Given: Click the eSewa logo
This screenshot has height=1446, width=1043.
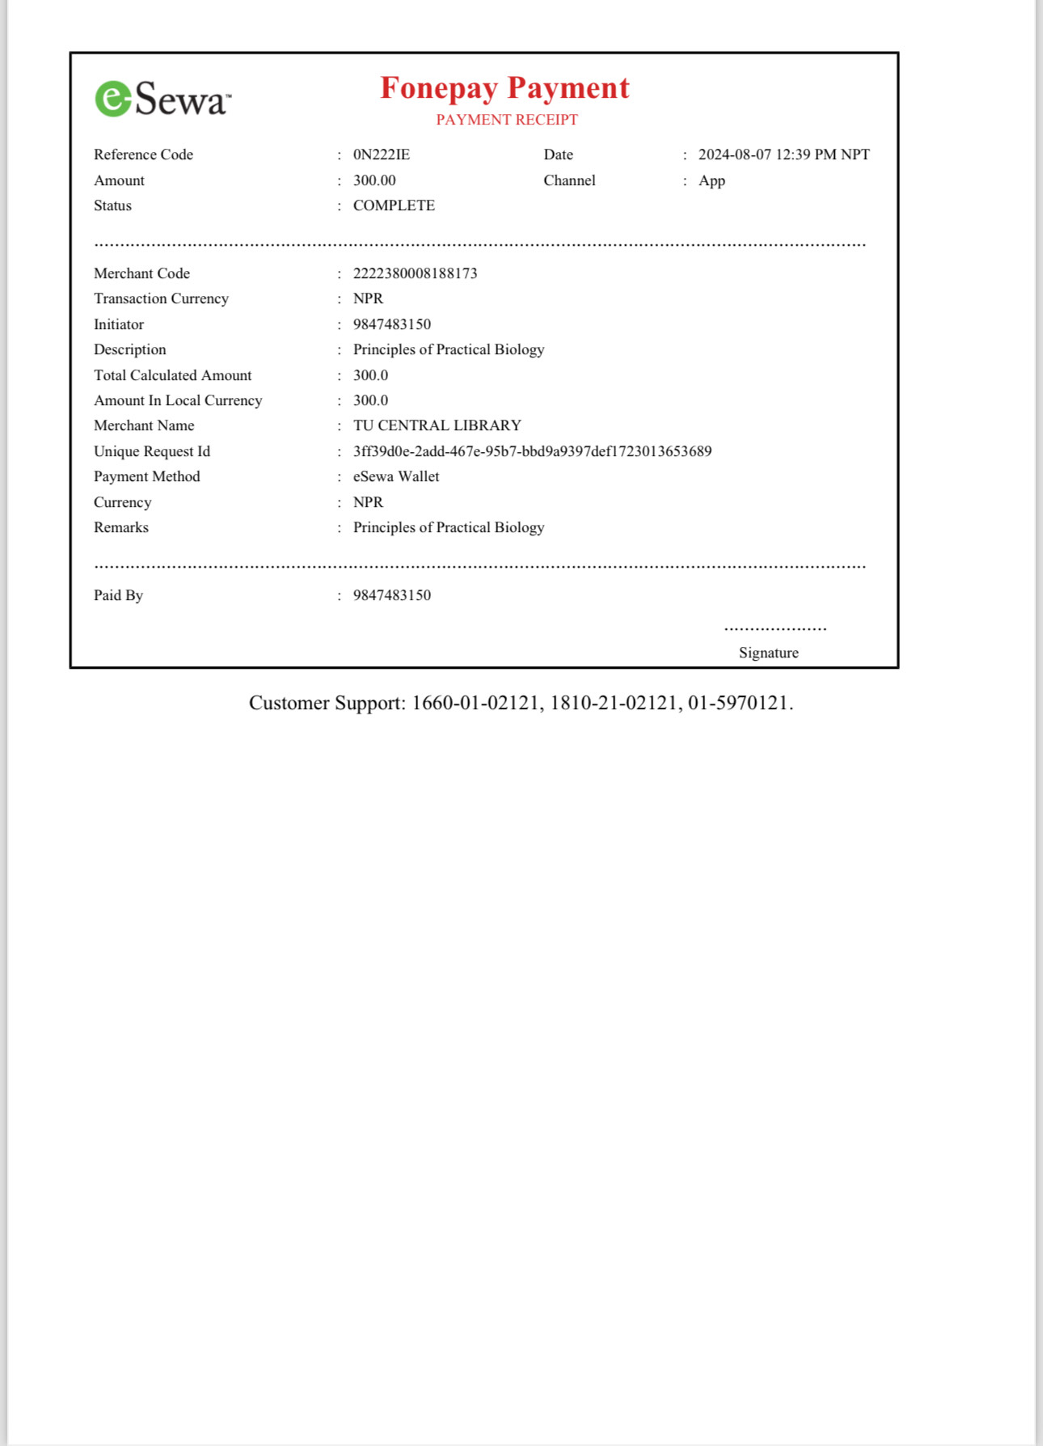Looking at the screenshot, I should point(163,99).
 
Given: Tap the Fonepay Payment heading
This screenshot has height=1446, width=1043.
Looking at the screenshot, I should point(505,88).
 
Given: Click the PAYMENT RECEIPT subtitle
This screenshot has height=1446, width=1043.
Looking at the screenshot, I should point(507,120).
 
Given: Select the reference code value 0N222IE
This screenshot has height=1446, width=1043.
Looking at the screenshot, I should point(381,154).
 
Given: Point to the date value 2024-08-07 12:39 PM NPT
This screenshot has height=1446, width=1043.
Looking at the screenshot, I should point(783,154).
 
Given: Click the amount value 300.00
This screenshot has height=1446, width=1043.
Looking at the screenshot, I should point(374,180).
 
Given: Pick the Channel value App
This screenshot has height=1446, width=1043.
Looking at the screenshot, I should point(712,180).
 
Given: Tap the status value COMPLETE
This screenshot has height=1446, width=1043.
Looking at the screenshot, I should point(394,205).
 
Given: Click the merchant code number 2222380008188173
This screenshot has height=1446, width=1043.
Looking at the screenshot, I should point(415,273).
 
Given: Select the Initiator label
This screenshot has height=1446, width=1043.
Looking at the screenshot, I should point(119,324).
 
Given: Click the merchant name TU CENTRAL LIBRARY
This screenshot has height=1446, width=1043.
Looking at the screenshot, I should point(437,425).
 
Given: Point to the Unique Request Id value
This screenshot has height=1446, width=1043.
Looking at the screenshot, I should point(532,451).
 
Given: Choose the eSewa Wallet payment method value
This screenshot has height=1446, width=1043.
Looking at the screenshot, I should point(396,476).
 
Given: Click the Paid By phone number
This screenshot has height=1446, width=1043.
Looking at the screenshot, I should point(391,595).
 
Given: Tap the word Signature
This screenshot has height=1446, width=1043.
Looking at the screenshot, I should point(768,653).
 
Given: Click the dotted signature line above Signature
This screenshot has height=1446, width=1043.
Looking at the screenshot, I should point(775,628).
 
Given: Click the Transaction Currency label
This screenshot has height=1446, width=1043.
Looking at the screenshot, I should point(161,298).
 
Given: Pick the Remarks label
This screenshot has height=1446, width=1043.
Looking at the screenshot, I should point(121,527).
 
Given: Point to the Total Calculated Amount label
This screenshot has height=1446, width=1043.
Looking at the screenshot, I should point(172,375).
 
